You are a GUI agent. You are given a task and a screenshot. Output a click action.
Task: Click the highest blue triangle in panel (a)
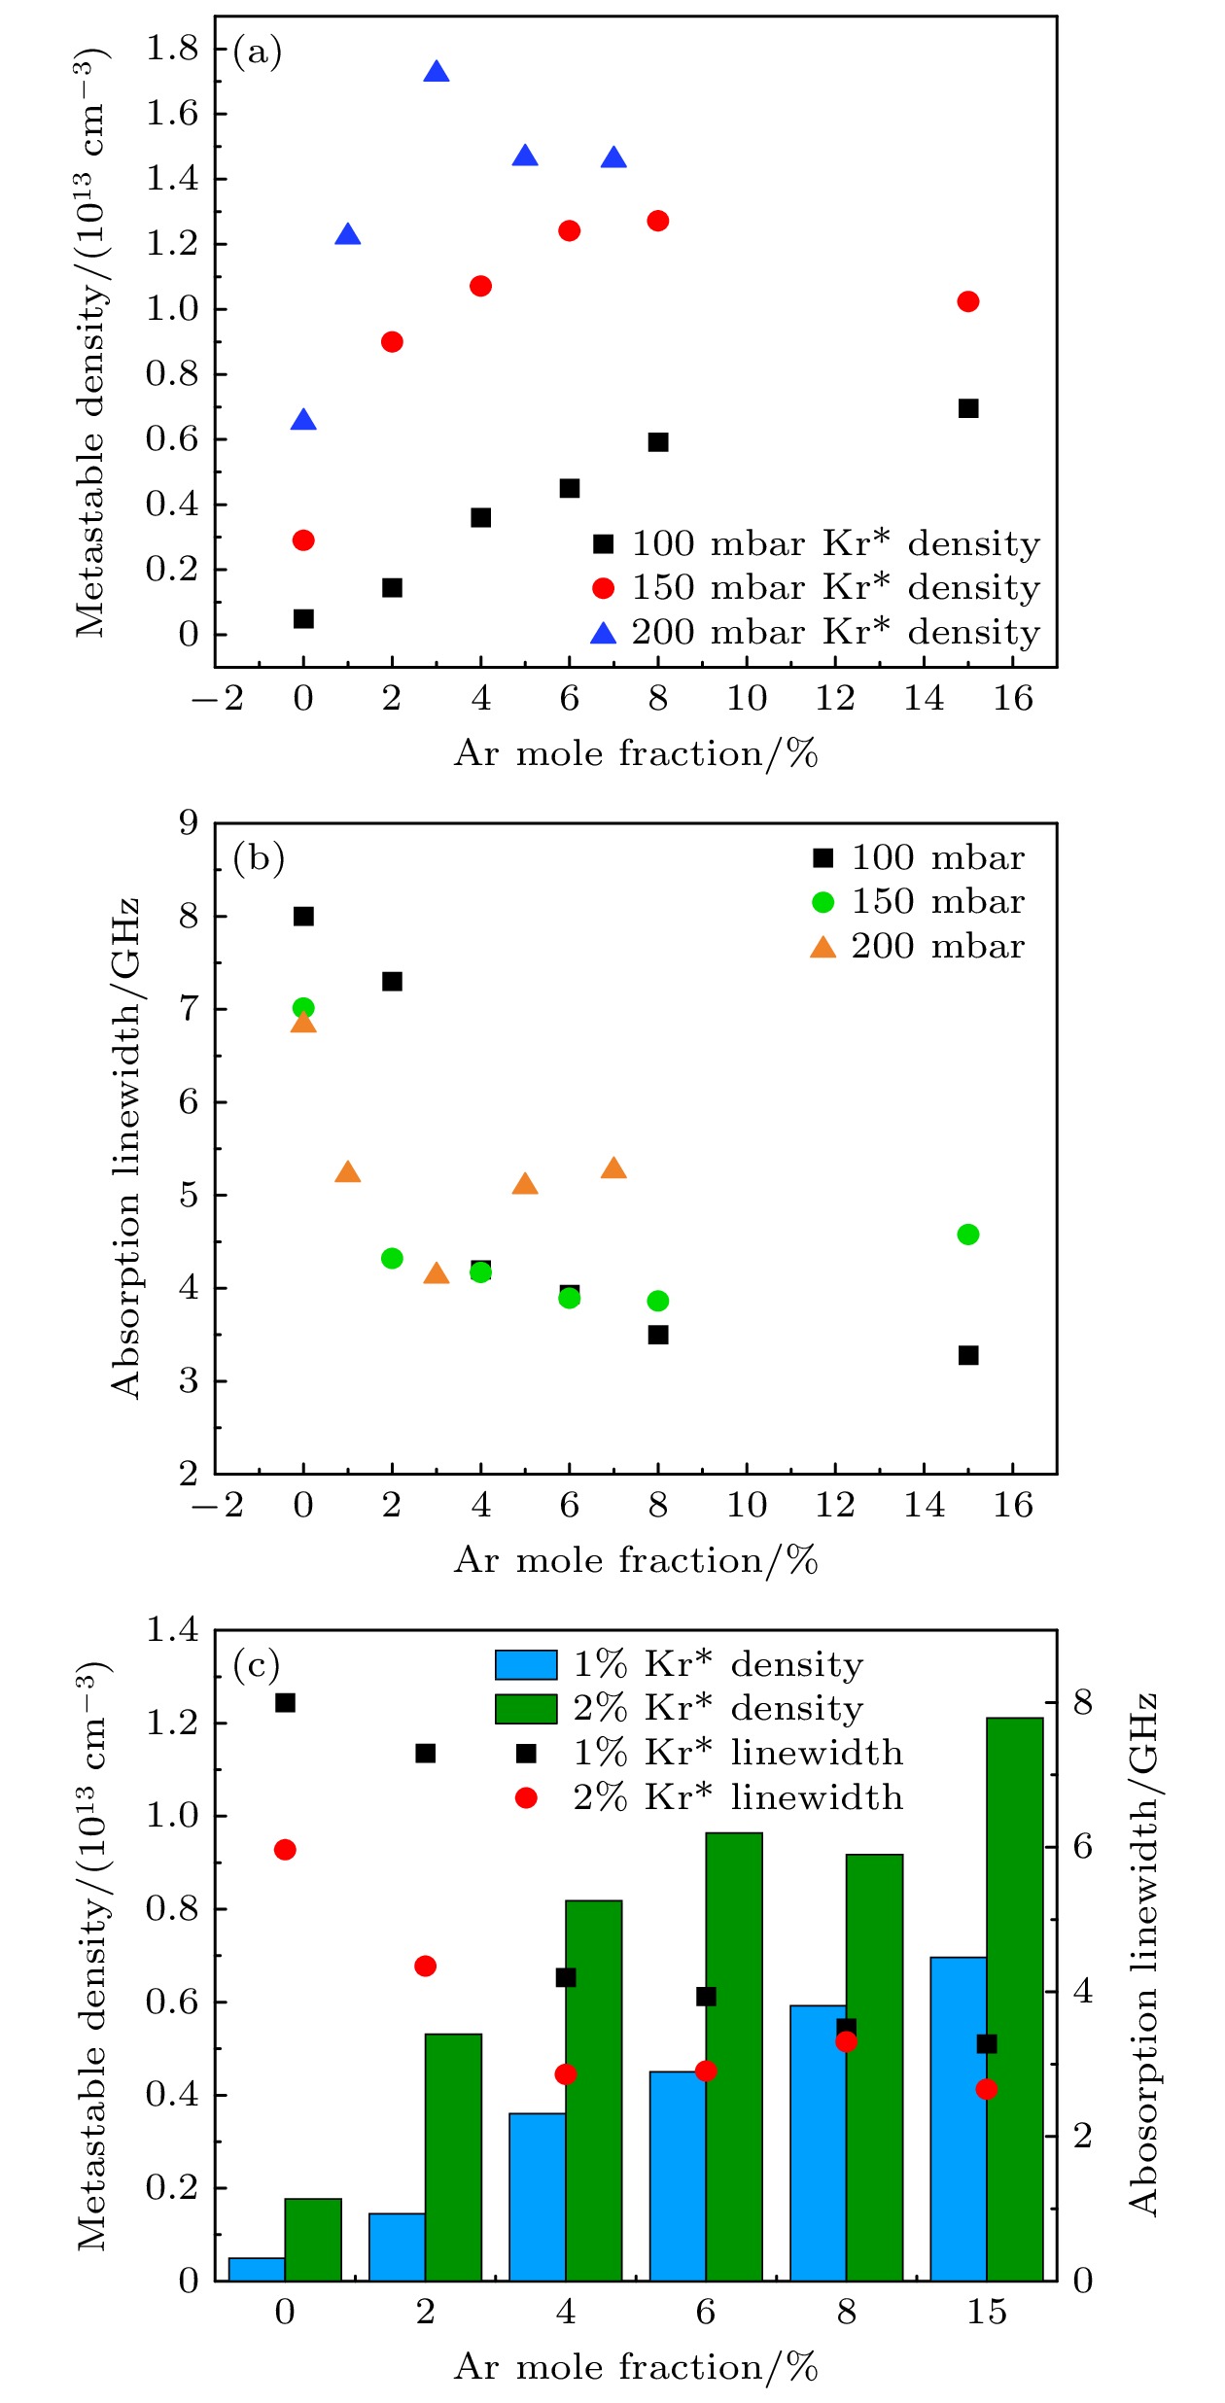pyautogui.click(x=437, y=73)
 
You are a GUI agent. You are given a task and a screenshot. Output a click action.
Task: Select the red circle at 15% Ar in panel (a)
pyautogui.click(x=967, y=301)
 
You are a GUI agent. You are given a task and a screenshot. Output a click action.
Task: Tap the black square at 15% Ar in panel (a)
pyautogui.click(x=967, y=408)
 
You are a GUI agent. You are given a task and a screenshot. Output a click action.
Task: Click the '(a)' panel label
pyautogui.click(x=258, y=52)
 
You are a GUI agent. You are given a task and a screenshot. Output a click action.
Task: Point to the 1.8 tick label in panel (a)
pyautogui.click(x=172, y=48)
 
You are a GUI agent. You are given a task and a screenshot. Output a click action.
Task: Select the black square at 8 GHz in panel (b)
pyautogui.click(x=303, y=916)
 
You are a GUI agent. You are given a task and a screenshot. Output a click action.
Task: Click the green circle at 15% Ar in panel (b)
pyautogui.click(x=967, y=1235)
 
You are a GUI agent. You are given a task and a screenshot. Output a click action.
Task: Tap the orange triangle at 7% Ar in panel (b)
pyautogui.click(x=613, y=1168)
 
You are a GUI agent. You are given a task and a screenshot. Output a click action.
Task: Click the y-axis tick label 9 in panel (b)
pyautogui.click(x=188, y=823)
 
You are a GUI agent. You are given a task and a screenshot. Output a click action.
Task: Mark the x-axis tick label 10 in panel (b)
pyautogui.click(x=747, y=1506)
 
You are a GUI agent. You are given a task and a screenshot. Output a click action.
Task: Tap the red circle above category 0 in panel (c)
pyautogui.click(x=285, y=1850)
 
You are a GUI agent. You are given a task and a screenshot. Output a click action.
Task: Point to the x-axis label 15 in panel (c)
pyautogui.click(x=986, y=2313)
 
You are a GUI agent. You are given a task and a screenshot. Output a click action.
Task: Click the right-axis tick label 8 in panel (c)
pyautogui.click(x=1082, y=1703)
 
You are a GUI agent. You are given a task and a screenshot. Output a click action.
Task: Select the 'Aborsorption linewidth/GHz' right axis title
pyautogui.click(x=1143, y=1954)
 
